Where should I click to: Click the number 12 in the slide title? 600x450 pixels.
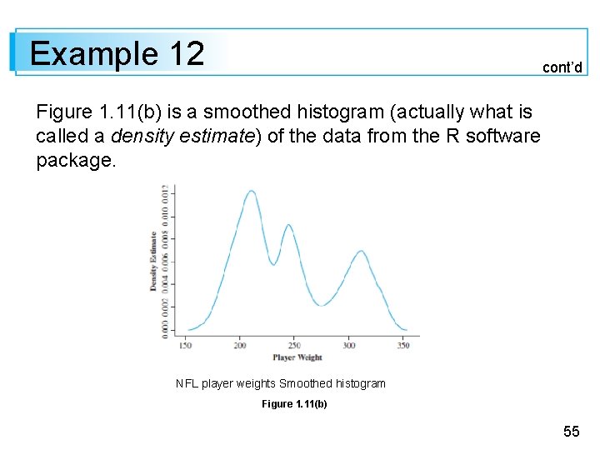coord(186,54)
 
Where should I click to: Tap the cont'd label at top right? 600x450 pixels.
coord(562,67)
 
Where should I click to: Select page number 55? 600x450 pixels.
coord(571,431)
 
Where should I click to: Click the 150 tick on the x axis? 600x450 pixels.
coord(185,345)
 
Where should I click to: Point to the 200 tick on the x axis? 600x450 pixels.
coord(240,345)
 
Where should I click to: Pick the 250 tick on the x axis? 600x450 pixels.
coord(294,345)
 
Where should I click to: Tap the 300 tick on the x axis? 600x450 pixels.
coord(349,345)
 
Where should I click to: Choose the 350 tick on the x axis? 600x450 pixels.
coord(403,345)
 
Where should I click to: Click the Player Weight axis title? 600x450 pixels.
coord(297,357)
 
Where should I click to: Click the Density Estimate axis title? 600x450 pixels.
coord(153,260)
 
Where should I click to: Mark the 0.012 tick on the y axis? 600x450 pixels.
coord(165,193)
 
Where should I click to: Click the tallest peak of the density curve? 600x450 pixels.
coord(251,191)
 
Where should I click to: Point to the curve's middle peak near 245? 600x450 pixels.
coord(288,225)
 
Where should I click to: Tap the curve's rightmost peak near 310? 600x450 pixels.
coord(361,250)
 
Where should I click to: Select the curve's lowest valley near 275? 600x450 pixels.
coord(322,306)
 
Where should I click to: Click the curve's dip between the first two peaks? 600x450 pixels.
coord(272,264)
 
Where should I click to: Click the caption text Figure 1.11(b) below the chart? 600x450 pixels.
coord(294,404)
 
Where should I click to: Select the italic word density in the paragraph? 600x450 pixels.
coord(137,136)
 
